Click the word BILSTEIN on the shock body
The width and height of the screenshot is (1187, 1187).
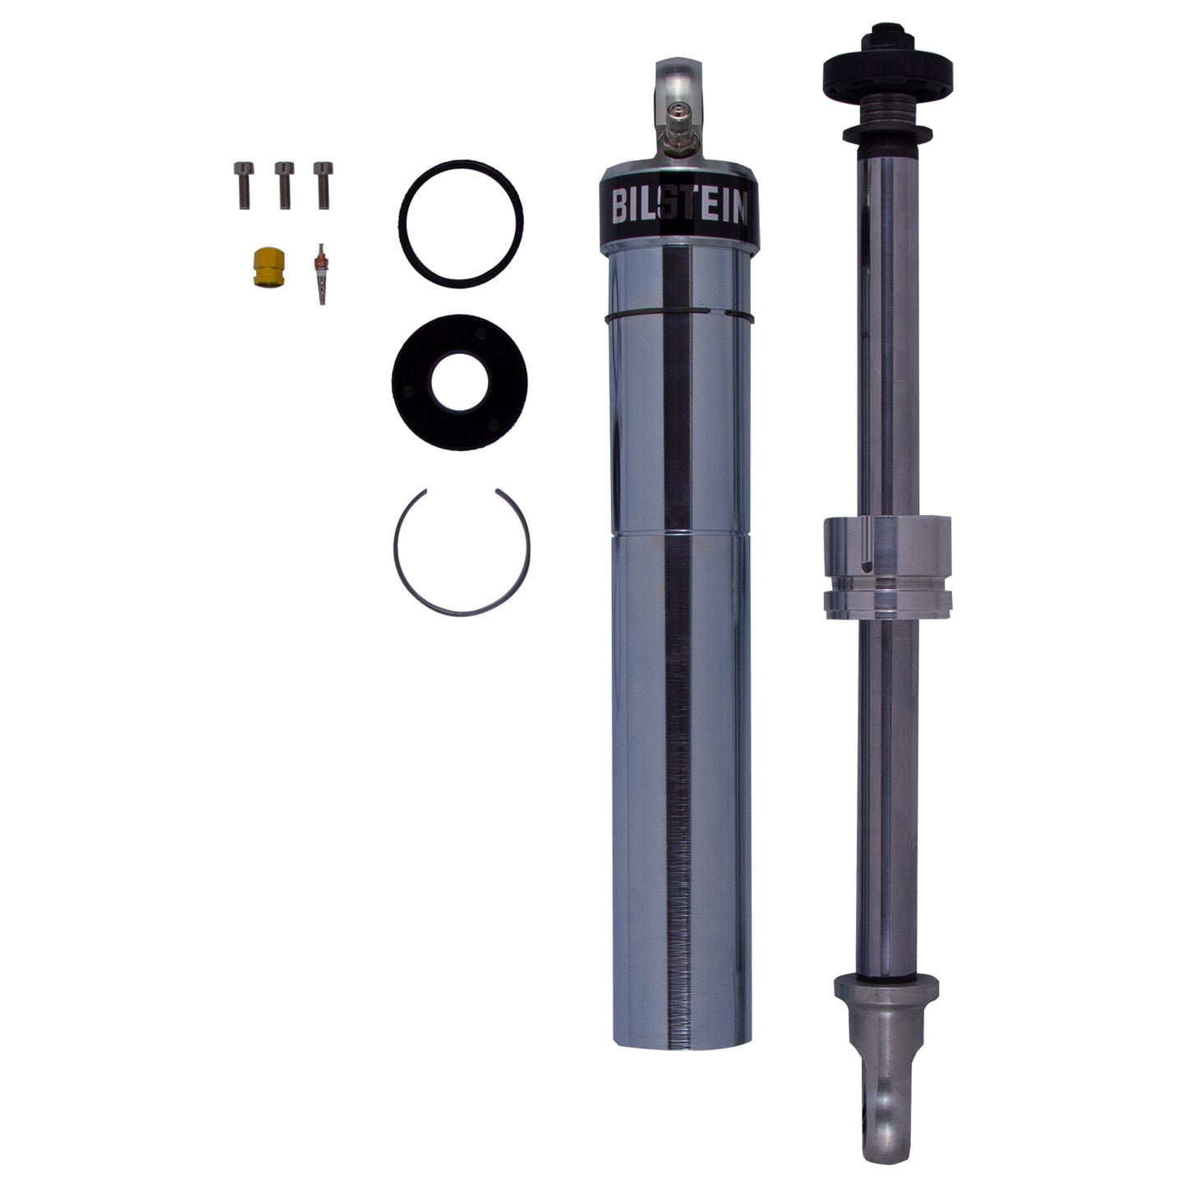pyautogui.click(x=678, y=207)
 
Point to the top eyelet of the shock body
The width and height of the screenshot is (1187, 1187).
pyautogui.click(x=677, y=86)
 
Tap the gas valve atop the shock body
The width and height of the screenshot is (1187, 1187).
pyautogui.click(x=677, y=132)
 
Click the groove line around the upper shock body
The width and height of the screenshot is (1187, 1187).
pyautogui.click(x=678, y=314)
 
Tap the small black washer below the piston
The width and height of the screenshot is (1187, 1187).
pyautogui.click(x=886, y=133)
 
